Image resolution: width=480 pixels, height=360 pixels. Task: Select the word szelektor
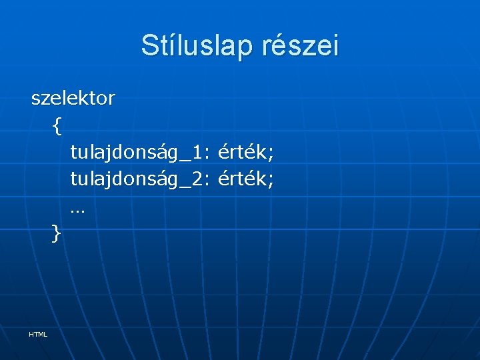click(73, 99)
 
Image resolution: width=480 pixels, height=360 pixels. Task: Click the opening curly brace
click(57, 126)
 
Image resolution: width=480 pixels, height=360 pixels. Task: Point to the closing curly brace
click(57, 233)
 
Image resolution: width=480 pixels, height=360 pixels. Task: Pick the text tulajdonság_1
click(137, 153)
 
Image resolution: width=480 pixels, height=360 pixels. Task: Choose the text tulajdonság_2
click(137, 179)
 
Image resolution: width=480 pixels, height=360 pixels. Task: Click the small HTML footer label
click(38, 334)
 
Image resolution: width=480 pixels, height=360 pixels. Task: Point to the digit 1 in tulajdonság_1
click(197, 153)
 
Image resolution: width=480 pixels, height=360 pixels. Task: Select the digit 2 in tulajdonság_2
click(197, 179)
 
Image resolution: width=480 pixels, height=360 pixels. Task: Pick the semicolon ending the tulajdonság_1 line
click(271, 155)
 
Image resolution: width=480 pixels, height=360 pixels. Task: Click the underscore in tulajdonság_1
click(185, 160)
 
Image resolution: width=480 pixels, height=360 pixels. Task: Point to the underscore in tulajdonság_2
click(185, 186)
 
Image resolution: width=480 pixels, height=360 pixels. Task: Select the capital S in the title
click(149, 46)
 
